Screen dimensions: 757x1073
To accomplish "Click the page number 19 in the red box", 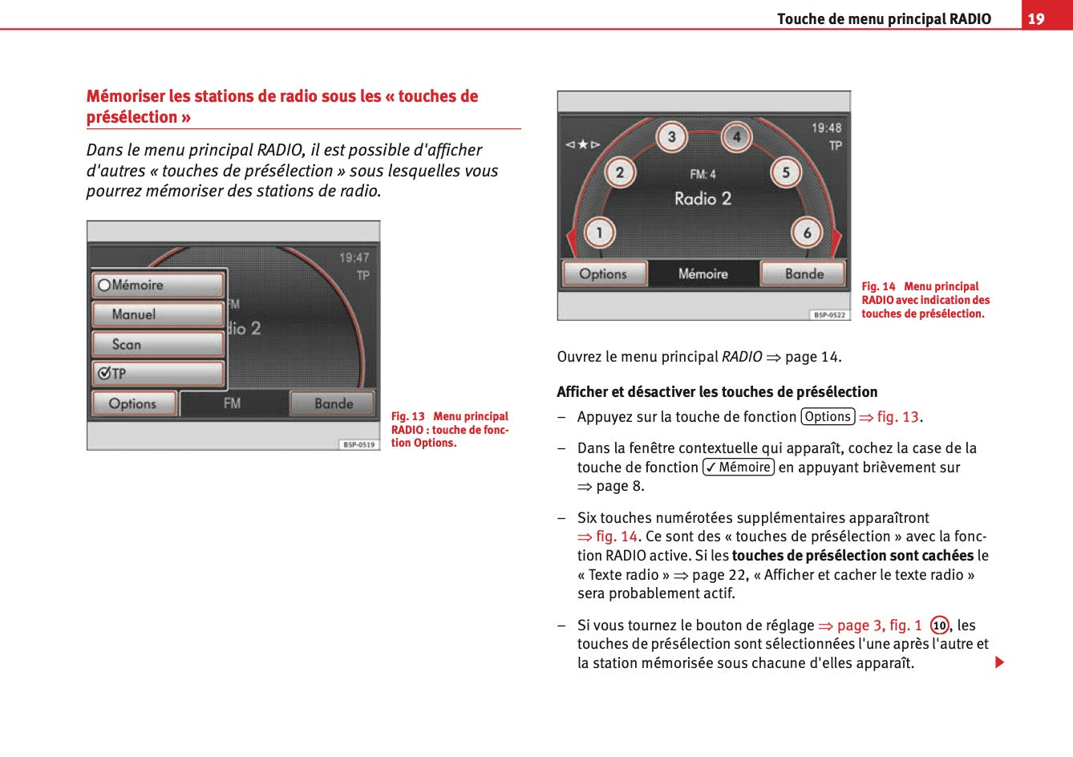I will [x=1036, y=18].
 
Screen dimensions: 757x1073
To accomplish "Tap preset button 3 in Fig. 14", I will [x=672, y=137].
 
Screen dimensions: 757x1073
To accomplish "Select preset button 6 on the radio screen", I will [x=807, y=233].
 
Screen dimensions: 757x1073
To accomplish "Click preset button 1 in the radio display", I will [x=598, y=233].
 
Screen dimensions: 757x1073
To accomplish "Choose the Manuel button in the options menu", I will [x=158, y=314].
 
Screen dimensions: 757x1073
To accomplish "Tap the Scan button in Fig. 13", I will [x=158, y=344].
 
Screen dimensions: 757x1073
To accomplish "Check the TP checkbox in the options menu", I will [x=104, y=374].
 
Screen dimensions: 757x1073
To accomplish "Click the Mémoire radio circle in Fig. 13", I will [x=104, y=285].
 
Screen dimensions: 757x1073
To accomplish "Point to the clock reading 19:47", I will [x=354, y=257].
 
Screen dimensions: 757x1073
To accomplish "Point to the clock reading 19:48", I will [x=826, y=128].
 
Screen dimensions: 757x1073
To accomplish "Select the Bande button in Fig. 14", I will [x=804, y=273].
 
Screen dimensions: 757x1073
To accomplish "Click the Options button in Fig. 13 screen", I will [x=133, y=403].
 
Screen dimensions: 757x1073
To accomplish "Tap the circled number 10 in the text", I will [x=939, y=625].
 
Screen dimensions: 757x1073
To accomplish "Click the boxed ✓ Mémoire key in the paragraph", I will [x=739, y=468].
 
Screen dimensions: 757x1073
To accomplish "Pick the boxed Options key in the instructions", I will [x=828, y=417].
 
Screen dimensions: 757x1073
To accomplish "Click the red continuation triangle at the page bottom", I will [x=999, y=662].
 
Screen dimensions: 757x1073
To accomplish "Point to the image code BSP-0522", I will [x=829, y=315].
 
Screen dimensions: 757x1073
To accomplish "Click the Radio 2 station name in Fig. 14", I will [x=703, y=198].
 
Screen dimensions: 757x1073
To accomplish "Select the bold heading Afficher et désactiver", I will [x=717, y=392].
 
